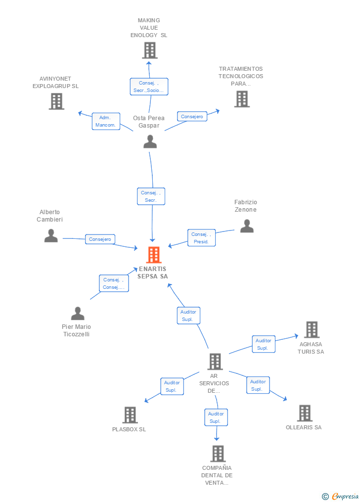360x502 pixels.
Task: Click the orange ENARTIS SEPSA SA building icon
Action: coord(154,255)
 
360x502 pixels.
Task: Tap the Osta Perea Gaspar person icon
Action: coord(150,141)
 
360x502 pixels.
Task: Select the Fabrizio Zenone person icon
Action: coord(247,226)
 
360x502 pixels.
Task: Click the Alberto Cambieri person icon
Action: coord(51,235)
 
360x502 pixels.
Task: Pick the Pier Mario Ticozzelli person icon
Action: coord(78,314)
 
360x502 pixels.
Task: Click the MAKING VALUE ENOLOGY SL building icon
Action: coord(150,50)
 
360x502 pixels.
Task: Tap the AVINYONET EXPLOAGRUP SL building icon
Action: coord(57,101)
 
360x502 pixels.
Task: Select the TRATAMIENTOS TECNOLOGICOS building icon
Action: coord(242,98)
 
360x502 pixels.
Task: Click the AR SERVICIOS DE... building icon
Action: coord(215,362)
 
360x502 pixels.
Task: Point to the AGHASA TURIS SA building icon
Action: coord(312,329)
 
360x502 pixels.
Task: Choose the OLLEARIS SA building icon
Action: coord(305,413)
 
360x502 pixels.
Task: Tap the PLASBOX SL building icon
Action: coord(130,415)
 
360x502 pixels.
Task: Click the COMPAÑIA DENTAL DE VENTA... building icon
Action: coord(218,454)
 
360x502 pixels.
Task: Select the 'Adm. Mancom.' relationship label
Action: coord(106,121)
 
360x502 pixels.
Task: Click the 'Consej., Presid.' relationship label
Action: coord(201,238)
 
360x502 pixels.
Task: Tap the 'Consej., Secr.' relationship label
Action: coord(151,196)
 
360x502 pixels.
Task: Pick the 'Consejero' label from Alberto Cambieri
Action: coord(100,239)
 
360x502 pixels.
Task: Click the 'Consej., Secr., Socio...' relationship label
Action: coord(149,87)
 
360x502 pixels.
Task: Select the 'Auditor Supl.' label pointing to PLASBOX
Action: coord(172,386)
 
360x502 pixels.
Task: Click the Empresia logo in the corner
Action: coord(340,496)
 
